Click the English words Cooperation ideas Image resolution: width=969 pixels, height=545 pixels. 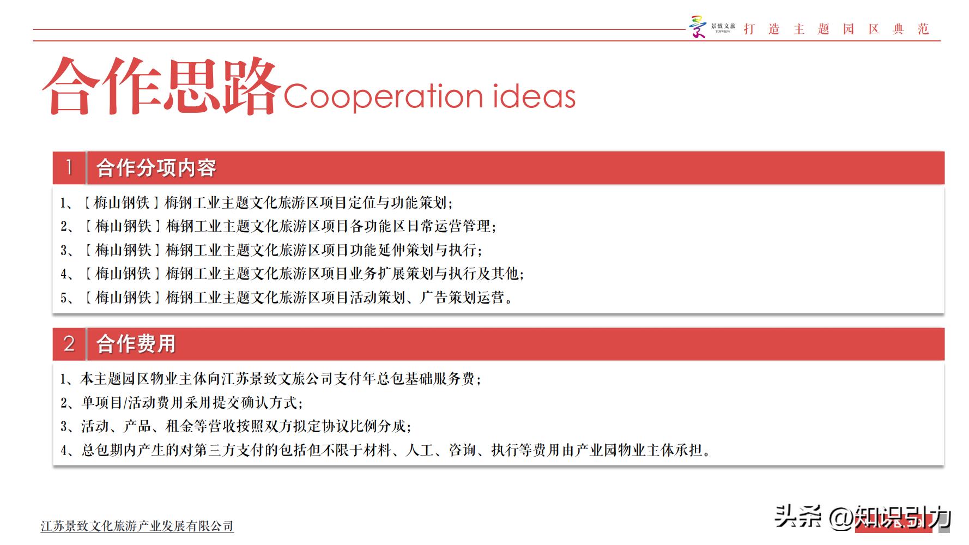[x=429, y=96]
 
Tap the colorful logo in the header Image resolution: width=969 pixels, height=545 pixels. [x=697, y=27]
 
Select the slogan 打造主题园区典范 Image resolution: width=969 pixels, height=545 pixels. [x=836, y=29]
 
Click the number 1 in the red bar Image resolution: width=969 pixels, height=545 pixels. [x=69, y=167]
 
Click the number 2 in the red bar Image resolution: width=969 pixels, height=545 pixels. [x=69, y=343]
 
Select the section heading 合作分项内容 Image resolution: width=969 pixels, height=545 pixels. [x=156, y=168]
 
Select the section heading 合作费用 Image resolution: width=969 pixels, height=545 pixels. [x=136, y=344]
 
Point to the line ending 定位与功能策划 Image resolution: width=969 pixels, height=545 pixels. [x=256, y=203]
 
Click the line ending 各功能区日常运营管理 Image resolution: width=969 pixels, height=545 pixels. [x=278, y=226]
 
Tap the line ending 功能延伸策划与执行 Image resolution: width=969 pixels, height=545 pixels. [x=271, y=250]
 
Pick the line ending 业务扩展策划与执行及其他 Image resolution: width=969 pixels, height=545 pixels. [x=292, y=274]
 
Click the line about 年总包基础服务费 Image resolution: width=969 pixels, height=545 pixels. [x=270, y=379]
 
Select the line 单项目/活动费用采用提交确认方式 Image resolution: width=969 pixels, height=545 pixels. [x=181, y=403]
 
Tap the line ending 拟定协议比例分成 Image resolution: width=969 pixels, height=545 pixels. [x=235, y=426]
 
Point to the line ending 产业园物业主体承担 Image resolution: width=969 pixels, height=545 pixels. [x=385, y=450]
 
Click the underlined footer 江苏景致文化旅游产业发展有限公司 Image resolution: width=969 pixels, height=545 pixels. [x=137, y=526]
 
